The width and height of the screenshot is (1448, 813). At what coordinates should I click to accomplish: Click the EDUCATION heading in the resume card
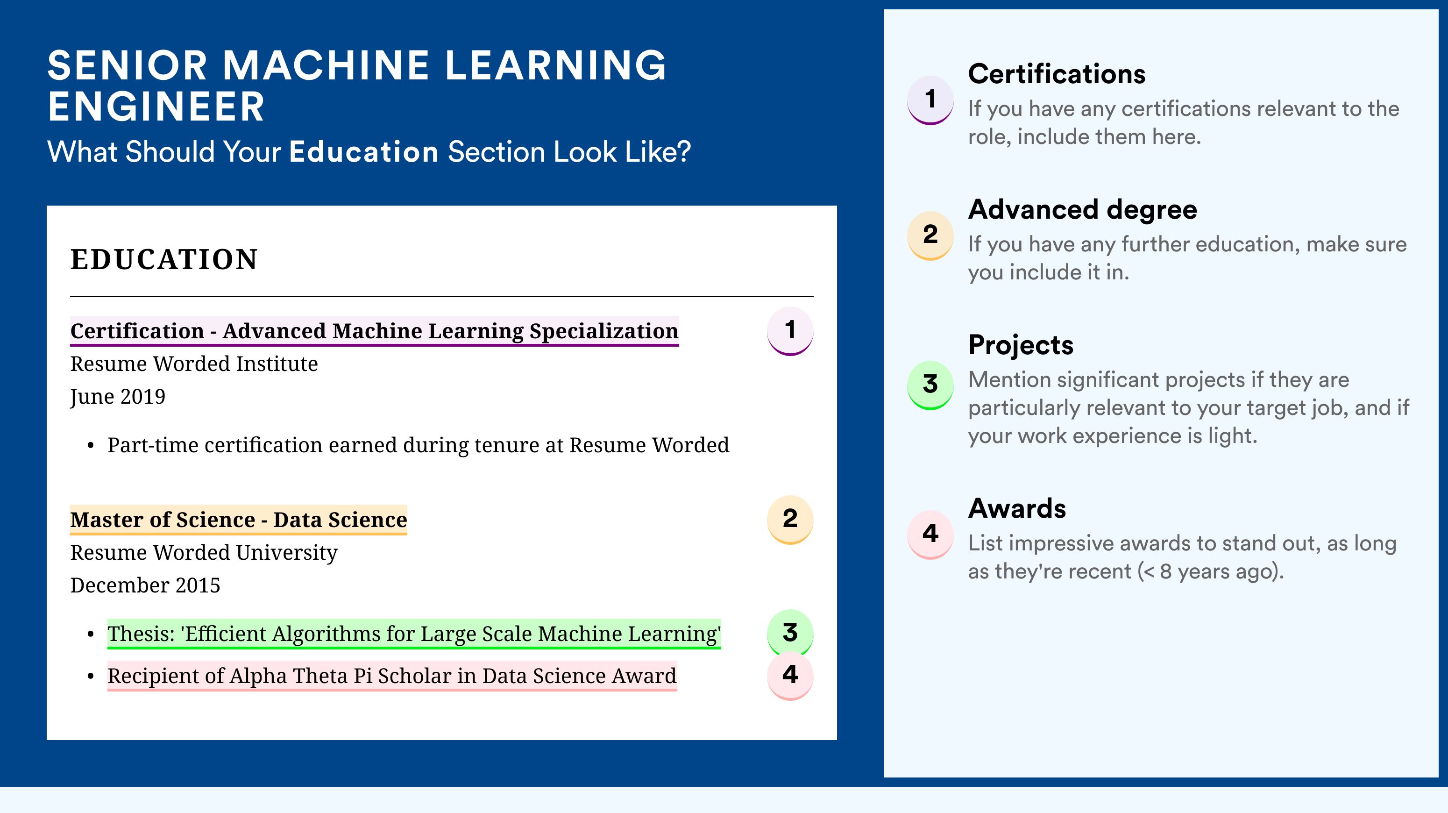(163, 259)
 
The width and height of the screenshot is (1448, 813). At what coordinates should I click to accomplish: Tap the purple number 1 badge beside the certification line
(790, 331)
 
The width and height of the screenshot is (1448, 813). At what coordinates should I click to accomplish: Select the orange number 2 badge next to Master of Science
(790, 520)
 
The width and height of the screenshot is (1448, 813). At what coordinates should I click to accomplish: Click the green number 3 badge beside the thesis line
(790, 633)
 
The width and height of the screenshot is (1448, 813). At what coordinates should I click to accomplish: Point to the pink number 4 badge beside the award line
(790, 675)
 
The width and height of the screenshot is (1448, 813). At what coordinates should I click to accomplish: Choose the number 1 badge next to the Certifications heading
(930, 100)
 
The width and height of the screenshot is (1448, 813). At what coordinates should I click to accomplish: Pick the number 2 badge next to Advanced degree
(930, 235)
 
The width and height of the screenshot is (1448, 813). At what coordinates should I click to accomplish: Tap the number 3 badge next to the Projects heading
(930, 385)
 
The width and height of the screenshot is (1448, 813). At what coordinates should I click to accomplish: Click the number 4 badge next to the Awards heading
(930, 534)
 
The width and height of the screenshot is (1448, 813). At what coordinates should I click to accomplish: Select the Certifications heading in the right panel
(1056, 74)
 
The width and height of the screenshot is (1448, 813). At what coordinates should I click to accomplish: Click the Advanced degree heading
(1082, 210)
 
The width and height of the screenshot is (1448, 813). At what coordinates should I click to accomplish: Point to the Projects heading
(1020, 345)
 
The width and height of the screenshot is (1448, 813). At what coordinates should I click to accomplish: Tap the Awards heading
(1016, 508)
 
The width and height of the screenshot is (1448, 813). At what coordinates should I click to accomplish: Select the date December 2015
(145, 585)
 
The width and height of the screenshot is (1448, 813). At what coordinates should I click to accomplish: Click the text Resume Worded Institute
(194, 364)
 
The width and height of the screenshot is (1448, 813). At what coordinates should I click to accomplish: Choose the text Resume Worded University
(204, 553)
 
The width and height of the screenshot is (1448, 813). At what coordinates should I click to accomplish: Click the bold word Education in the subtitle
(364, 152)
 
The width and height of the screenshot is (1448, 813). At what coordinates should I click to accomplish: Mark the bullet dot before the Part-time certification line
(91, 446)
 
